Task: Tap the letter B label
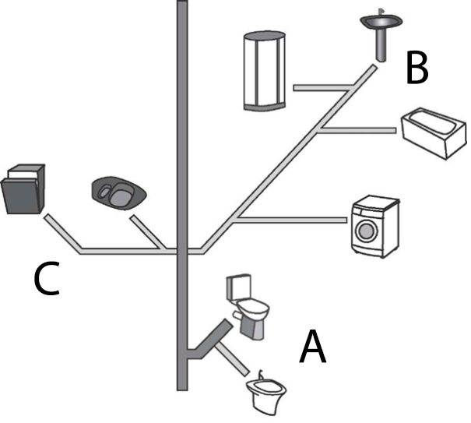click(417, 68)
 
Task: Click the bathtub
click(434, 134)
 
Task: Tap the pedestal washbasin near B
click(380, 26)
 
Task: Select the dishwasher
click(24, 189)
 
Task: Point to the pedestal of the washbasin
click(379, 48)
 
